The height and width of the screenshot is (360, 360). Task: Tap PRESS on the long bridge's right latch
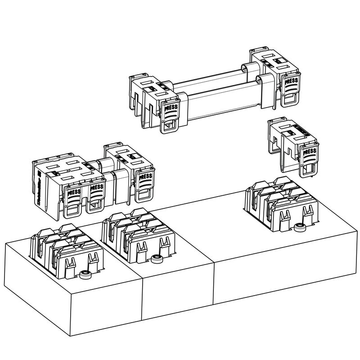[x=292, y=81]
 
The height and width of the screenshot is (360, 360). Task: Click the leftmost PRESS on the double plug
[x=74, y=193]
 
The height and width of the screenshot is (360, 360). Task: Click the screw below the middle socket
[x=156, y=258]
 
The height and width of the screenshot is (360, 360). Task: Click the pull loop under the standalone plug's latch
[x=309, y=168]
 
